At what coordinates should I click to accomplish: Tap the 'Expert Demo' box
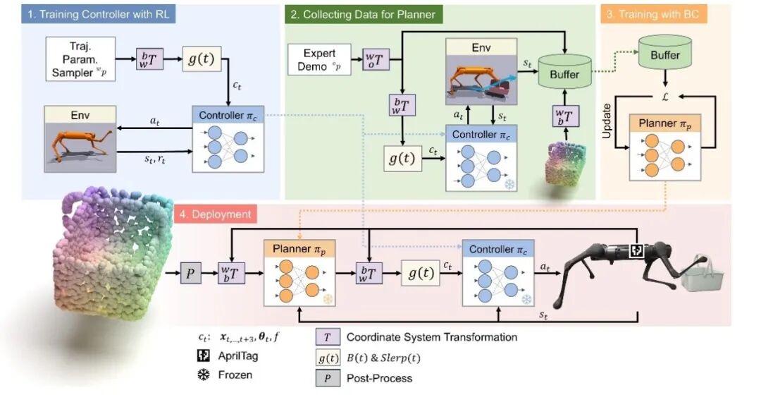click(x=319, y=60)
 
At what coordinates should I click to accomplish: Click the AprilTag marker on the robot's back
click(x=637, y=250)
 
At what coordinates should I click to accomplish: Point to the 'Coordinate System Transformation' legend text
click(x=431, y=337)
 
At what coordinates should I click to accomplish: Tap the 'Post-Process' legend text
click(x=379, y=378)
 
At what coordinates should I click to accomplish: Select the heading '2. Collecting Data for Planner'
click(x=362, y=13)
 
